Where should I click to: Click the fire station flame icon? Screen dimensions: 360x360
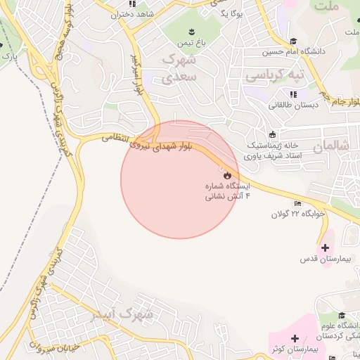(226, 175)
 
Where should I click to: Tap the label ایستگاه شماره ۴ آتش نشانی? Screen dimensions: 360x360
(227, 192)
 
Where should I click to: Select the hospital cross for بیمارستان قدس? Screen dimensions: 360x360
(325, 247)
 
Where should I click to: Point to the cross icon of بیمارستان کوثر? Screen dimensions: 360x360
(295, 338)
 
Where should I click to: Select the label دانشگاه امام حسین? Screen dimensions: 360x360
(293, 51)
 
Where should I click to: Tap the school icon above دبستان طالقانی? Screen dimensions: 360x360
(292, 94)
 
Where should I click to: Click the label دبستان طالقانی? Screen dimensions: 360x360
(293, 105)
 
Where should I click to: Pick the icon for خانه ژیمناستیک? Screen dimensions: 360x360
(273, 134)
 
